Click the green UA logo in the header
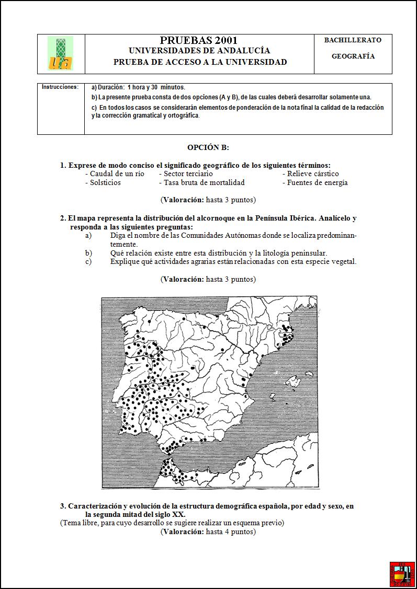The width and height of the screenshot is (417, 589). coord(60,53)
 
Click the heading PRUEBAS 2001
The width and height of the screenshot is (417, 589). coord(199,40)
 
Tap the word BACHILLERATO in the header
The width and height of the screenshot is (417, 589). coord(353,40)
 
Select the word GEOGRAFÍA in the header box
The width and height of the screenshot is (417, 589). coord(353,56)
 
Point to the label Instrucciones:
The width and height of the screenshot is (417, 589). coord(60,87)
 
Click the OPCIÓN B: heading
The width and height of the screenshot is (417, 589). coord(208,148)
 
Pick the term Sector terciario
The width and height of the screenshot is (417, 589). coord(188,174)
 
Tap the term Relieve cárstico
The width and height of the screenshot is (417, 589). coord(313,174)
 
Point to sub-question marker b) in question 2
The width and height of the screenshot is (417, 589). coord(88,253)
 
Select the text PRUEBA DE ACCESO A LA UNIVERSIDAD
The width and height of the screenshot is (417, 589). coord(200,62)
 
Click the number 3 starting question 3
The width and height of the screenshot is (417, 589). coord(62,506)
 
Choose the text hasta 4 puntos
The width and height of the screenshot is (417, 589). coord(231,532)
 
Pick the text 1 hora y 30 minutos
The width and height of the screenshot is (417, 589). coord(156,87)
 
